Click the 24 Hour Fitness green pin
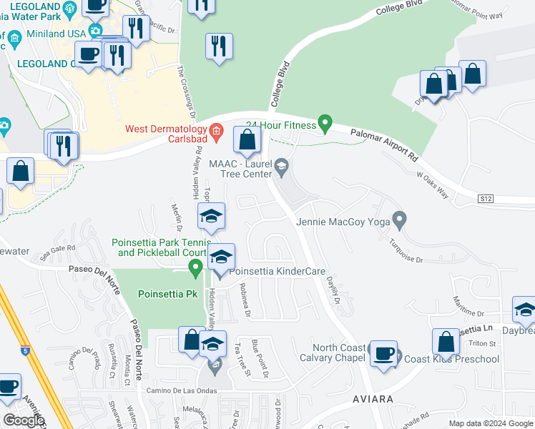[x=325, y=124]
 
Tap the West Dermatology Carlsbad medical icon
[x=219, y=133]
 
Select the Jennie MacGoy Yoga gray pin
[x=399, y=218]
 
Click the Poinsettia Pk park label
[x=167, y=294]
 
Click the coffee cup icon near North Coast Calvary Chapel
[x=383, y=355]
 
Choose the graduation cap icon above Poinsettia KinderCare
[x=212, y=217]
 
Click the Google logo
[x=24, y=420]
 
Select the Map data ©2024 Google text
[x=490, y=423]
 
